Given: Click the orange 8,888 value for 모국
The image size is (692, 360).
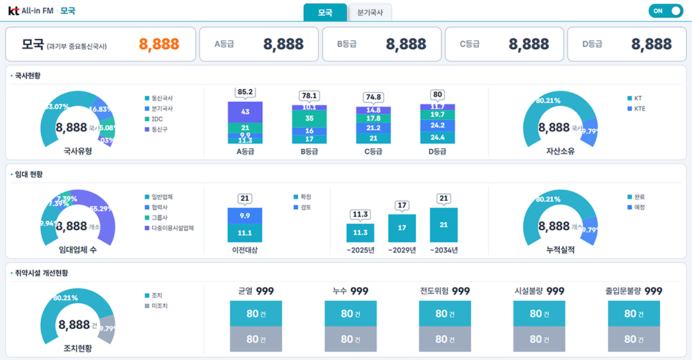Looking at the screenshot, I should pyautogui.click(x=159, y=44).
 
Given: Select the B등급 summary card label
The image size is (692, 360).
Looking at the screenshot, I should pyautogui.click(x=347, y=44).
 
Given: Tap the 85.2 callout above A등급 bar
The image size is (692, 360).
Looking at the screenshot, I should pyautogui.click(x=245, y=92).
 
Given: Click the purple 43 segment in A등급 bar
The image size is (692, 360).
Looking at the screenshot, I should pyautogui.click(x=245, y=111).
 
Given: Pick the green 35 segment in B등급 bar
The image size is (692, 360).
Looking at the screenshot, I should pyautogui.click(x=309, y=118).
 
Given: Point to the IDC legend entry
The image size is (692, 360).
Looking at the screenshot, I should pyautogui.click(x=158, y=119).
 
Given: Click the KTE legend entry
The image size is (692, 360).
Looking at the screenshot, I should pyautogui.click(x=639, y=109).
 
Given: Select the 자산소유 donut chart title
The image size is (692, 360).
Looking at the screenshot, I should pyautogui.click(x=561, y=151).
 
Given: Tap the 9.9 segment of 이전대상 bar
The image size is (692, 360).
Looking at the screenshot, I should pyautogui.click(x=245, y=215).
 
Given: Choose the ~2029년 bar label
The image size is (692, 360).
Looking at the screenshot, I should pyautogui.click(x=401, y=250).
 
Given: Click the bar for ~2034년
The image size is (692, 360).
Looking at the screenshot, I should pyautogui.click(x=444, y=225).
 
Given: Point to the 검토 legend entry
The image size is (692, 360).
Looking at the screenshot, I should pyautogui.click(x=306, y=207).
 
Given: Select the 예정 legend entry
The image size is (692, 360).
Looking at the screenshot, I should pyautogui.click(x=639, y=207).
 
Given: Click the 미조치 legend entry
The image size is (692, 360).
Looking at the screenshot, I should pyautogui.click(x=159, y=305).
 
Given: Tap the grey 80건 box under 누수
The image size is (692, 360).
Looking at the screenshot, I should pyautogui.click(x=351, y=339).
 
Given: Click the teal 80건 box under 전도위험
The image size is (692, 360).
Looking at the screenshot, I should pyautogui.click(x=445, y=314).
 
